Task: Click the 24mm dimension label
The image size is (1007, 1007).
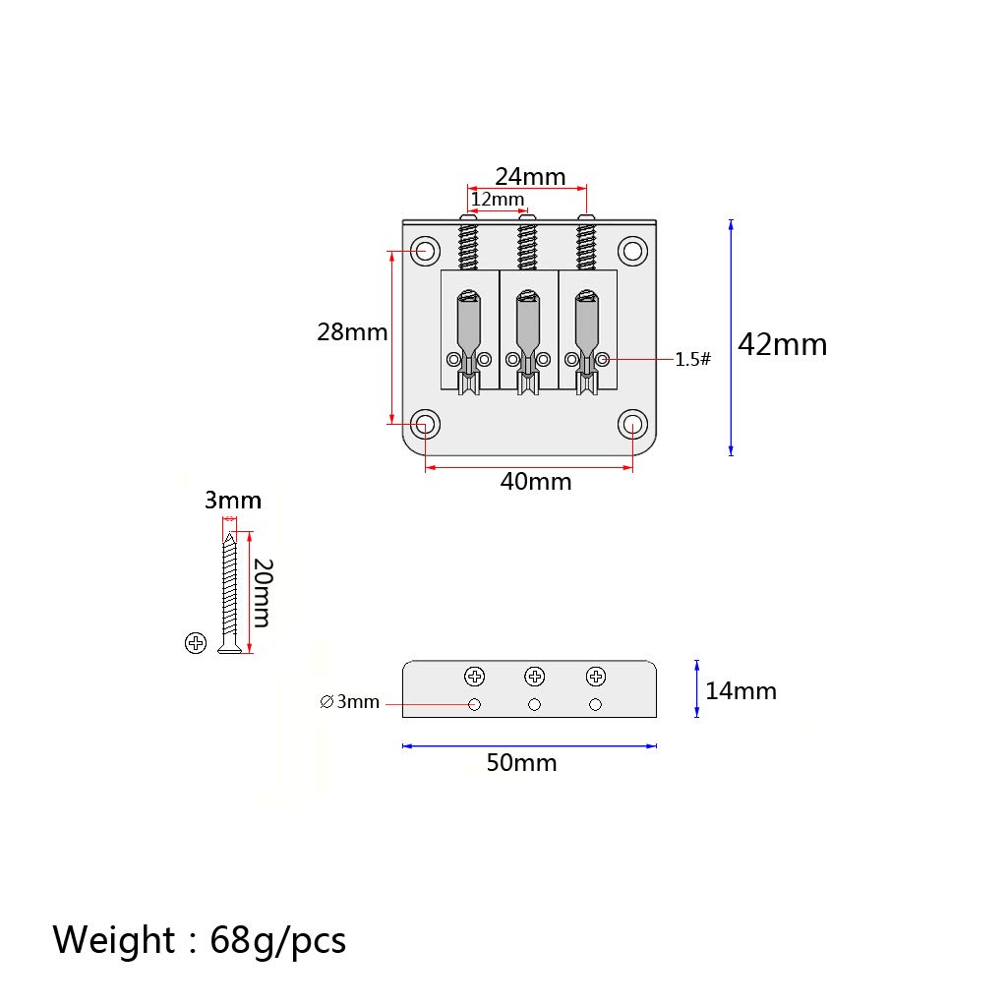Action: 530,177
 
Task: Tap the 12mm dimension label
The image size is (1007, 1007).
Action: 498,199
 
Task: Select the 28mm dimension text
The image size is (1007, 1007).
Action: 352,332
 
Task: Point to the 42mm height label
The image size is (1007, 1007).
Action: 782,345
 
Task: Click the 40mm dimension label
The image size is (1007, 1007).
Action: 536,482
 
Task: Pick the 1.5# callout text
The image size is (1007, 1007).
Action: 693,359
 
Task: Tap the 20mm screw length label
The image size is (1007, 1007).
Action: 263,593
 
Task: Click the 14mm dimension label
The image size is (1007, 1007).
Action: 741,691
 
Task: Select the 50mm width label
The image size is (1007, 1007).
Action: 521,763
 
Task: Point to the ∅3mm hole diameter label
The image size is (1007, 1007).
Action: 349,702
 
